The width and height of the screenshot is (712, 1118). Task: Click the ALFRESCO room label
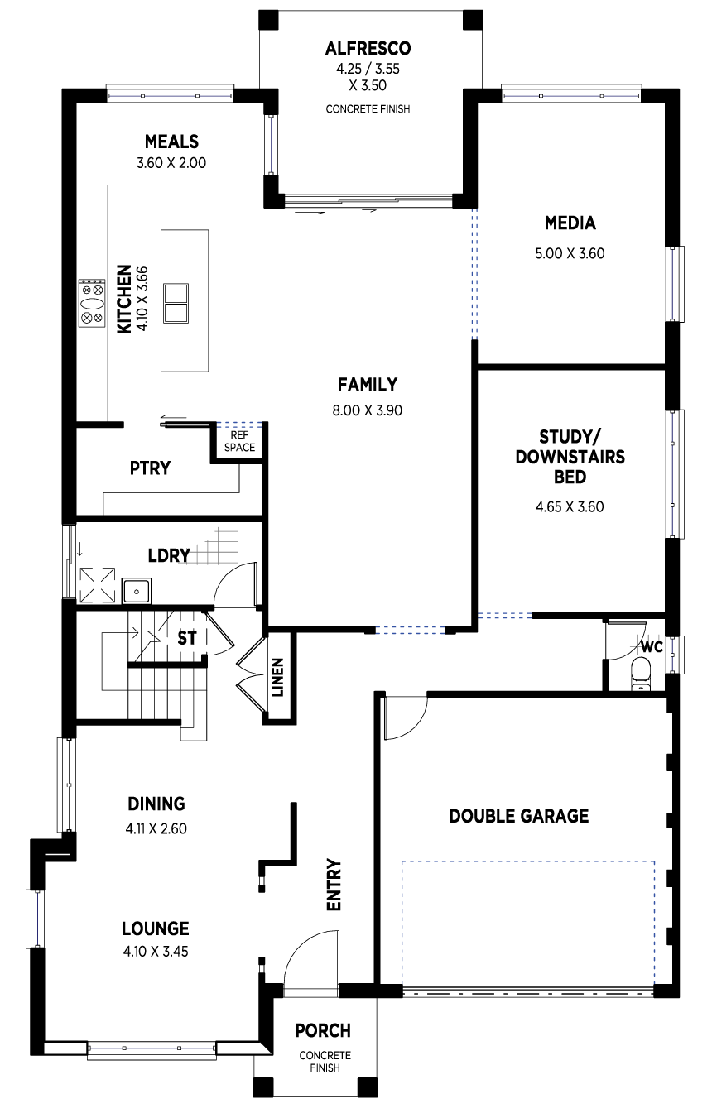[368, 49]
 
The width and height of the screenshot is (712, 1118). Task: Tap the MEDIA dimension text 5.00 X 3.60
[570, 253]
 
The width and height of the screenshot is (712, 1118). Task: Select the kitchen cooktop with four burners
[92, 303]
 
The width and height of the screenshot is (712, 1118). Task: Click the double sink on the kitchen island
[176, 304]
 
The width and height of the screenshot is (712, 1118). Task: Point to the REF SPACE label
[239, 442]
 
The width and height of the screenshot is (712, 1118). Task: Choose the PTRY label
[151, 468]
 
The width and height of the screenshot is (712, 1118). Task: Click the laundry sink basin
[137, 592]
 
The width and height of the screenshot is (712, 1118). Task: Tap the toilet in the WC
[641, 674]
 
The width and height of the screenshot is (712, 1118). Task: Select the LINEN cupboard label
[277, 677]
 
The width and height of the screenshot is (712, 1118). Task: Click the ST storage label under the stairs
[187, 638]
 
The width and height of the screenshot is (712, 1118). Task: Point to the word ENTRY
[333, 885]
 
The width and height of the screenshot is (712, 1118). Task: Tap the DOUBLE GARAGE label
[519, 816]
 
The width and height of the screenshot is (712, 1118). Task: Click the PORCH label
[323, 1030]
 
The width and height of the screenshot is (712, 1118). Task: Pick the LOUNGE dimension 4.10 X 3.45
[156, 952]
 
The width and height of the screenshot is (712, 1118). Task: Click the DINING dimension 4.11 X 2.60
[156, 828]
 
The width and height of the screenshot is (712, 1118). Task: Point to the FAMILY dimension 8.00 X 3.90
[368, 410]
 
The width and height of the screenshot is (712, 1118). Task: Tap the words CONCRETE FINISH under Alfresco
[368, 108]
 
